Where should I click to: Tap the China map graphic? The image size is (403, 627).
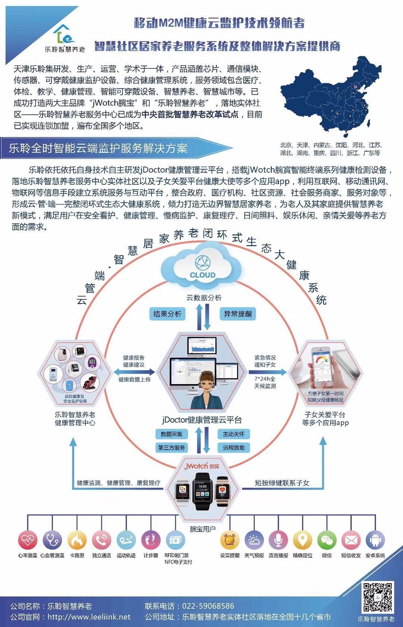point(328,97)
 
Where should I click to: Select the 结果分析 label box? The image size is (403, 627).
point(167,314)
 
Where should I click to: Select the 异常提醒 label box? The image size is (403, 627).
point(238,314)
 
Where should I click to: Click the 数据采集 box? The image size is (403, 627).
point(171,434)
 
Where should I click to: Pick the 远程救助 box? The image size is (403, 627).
point(234,447)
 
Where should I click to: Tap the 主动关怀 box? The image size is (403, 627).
point(234,434)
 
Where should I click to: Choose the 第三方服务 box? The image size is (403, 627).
point(171,447)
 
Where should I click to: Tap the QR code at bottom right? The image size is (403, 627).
point(377,597)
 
